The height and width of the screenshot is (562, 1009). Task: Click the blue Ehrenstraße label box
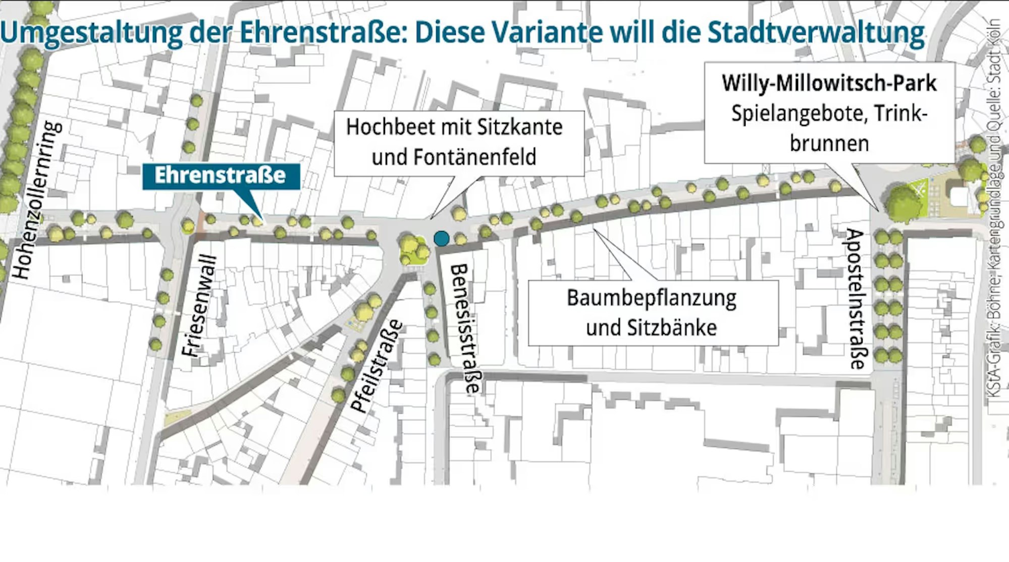tap(221, 176)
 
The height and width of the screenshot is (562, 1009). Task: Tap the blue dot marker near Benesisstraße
tap(441, 239)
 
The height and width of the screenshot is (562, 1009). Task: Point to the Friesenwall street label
tap(200, 306)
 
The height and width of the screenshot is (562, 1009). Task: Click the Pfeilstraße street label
tap(378, 366)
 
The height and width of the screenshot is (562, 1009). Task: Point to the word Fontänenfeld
tap(475, 157)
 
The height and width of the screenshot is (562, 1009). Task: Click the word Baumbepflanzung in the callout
tap(651, 298)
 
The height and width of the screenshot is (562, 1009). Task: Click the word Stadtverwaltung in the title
tap(816, 32)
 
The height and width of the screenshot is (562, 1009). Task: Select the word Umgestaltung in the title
tap(91, 32)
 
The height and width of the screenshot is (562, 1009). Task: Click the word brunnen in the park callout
tap(829, 144)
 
